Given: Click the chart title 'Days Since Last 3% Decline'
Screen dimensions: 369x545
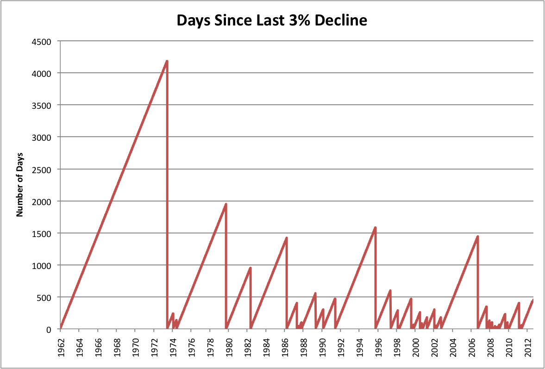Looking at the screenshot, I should (272, 20).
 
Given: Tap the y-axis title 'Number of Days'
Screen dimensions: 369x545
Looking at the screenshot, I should (20, 185).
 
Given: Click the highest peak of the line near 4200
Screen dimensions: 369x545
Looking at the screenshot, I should (167, 61).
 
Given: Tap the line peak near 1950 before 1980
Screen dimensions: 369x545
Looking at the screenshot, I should (226, 204).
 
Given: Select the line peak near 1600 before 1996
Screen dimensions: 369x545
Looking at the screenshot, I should (375, 227).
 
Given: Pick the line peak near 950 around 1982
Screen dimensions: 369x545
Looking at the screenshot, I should (251, 268).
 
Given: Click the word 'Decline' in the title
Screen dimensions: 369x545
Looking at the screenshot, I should (339, 20).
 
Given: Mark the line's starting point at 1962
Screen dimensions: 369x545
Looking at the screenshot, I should (61, 328).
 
